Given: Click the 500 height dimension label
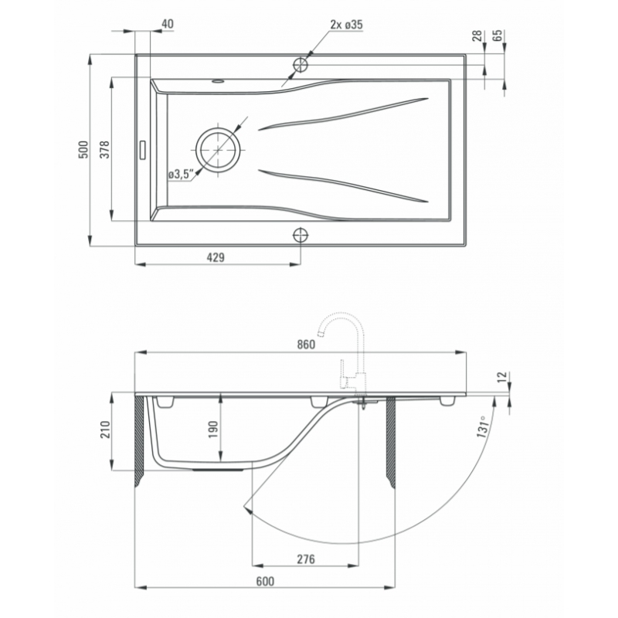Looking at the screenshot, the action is click(x=83, y=149).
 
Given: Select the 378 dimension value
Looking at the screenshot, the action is click(x=104, y=149).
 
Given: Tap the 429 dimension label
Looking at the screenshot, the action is click(x=216, y=257).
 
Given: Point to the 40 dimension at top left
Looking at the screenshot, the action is click(x=168, y=24).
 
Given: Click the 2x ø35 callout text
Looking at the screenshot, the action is click(x=346, y=25).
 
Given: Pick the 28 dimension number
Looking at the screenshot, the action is click(x=477, y=36).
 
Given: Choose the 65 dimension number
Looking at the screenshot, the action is click(x=497, y=36).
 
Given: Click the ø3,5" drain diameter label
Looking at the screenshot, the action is click(x=182, y=175).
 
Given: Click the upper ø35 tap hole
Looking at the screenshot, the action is click(x=301, y=64).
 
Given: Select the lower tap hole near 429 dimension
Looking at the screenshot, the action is click(x=301, y=236).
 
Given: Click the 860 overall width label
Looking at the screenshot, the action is click(x=306, y=345).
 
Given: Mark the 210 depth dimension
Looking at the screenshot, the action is click(x=104, y=430).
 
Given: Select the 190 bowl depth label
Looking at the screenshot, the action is click(x=213, y=430).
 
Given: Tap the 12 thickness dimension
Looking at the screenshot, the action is click(x=501, y=377).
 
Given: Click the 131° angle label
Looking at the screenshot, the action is click(x=484, y=427).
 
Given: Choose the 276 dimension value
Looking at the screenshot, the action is click(x=306, y=559).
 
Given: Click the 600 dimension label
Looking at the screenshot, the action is click(x=265, y=582).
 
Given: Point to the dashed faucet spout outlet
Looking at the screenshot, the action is click(x=321, y=334).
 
